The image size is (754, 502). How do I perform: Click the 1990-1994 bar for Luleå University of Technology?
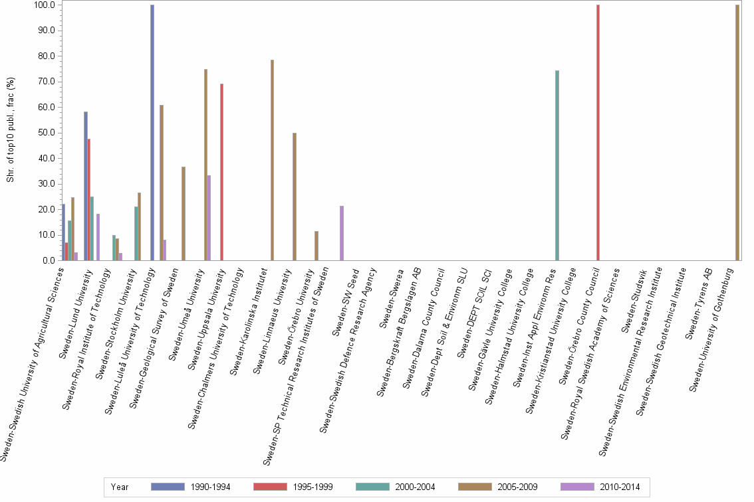(152, 133)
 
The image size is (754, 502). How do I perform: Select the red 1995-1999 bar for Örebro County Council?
(598, 133)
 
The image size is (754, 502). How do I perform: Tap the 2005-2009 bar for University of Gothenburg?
(737, 133)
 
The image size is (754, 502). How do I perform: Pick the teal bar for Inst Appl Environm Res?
(557, 165)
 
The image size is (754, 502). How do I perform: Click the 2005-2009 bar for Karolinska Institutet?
(272, 160)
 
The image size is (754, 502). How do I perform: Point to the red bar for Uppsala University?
(221, 172)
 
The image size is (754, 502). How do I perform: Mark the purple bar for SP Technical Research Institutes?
(342, 233)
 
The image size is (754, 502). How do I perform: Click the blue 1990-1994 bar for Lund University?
(86, 186)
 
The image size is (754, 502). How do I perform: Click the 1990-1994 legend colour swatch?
(168, 487)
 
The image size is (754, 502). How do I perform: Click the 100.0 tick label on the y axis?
(45, 5)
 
